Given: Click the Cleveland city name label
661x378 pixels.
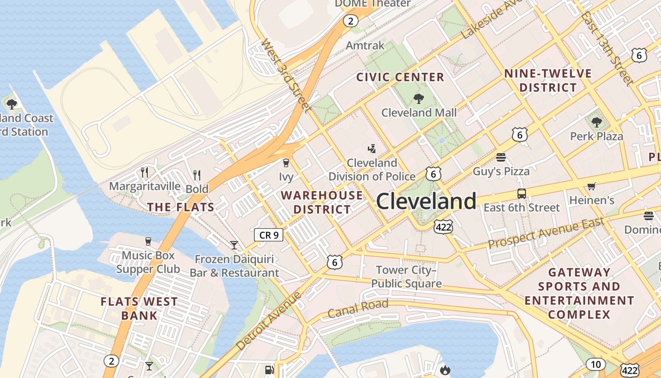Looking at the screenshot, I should (426, 202).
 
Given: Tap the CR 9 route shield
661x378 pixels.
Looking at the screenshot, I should (269, 234).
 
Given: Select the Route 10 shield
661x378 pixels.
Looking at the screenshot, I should (595, 364).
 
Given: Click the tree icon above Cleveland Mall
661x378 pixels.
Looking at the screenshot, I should (418, 99).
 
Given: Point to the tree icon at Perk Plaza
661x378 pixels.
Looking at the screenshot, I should (596, 122).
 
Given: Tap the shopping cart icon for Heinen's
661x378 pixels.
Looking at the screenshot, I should (591, 187).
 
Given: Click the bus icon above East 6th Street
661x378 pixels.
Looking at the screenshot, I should (521, 193).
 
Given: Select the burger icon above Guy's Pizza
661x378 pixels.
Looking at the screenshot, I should (501, 157).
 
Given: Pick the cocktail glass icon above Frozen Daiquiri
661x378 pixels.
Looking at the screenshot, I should (234, 245).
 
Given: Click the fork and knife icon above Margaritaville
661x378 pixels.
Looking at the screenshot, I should (144, 172).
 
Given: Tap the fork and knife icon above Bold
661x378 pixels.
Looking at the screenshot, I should (197, 175).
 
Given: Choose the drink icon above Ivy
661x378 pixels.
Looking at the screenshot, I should (286, 163).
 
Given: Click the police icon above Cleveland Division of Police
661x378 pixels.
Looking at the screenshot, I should (372, 149).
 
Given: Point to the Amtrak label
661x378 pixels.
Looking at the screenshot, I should (365, 45).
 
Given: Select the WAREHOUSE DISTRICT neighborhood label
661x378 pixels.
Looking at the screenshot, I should (322, 202).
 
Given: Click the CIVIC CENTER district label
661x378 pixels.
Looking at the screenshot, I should (400, 77).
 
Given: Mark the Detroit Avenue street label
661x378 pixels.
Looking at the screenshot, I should (268, 321).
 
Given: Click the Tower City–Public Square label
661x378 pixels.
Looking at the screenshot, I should (406, 277).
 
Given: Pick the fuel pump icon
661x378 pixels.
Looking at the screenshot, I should (269, 370).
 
